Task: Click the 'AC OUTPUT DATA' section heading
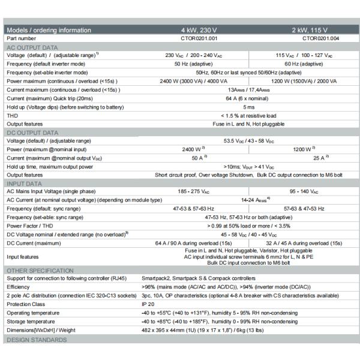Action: coord(32,47)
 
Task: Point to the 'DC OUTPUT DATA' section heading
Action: coord(32,132)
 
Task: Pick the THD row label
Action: coord(12,115)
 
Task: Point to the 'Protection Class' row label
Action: coord(28,304)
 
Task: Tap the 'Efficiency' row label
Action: coord(19,287)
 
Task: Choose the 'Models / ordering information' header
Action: coord(49,30)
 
